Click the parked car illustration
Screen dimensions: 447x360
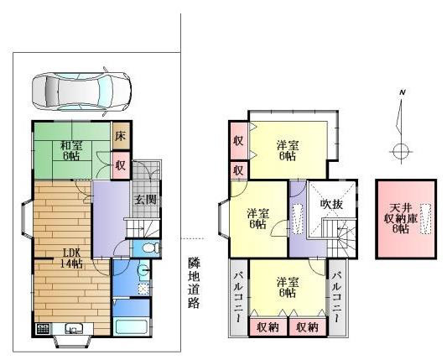81,91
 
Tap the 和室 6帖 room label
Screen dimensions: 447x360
71,151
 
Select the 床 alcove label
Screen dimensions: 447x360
120,136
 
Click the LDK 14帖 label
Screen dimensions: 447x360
72,258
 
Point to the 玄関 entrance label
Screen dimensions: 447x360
146,200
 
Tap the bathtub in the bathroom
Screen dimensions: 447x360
130,328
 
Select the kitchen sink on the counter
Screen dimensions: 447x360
73,329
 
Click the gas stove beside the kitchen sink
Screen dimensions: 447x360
43,329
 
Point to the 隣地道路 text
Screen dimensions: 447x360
194,283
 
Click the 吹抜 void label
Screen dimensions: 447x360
331,203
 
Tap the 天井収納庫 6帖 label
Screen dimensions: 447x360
401,218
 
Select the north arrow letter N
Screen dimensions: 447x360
403,92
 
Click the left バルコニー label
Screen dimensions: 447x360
238,298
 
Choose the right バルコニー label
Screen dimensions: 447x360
337,298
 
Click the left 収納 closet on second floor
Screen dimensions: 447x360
268,327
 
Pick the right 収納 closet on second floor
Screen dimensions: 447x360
307,327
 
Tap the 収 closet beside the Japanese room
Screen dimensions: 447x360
120,164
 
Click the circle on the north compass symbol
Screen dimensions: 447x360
401,151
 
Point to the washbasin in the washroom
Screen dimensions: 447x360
143,270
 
